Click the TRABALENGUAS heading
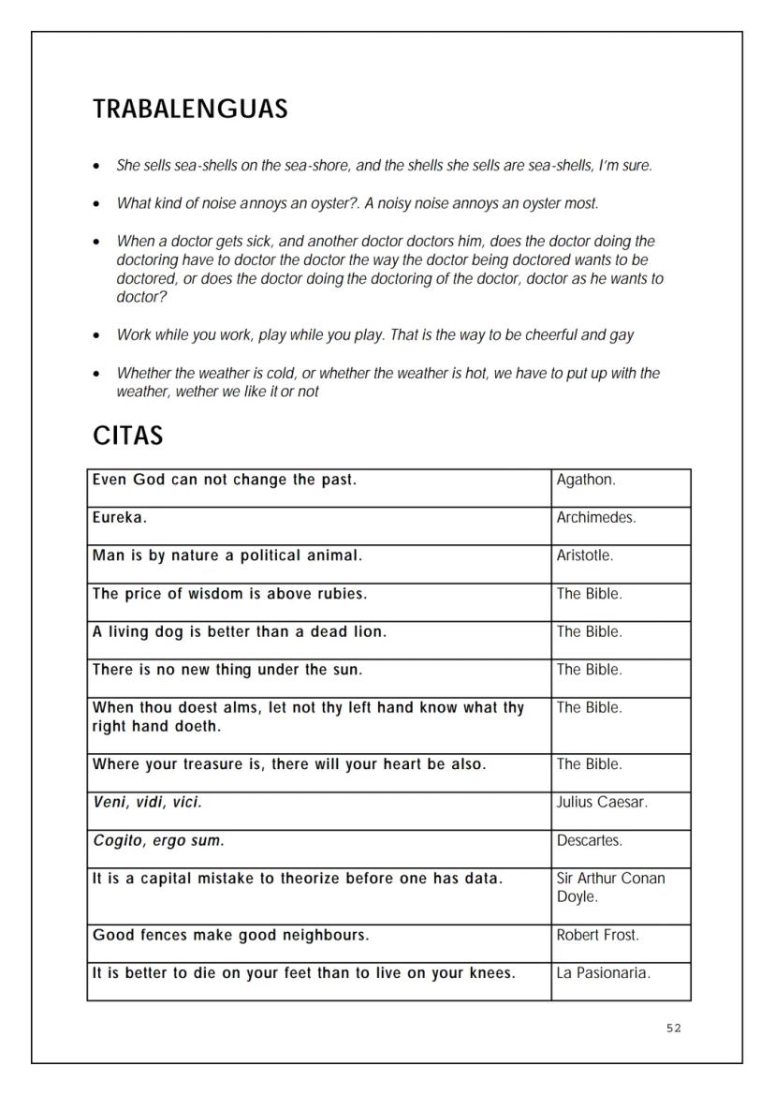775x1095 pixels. (190, 110)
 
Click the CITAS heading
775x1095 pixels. (128, 436)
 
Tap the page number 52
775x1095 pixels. (674, 1028)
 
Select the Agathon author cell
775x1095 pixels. (586, 481)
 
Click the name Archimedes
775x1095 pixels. (596, 518)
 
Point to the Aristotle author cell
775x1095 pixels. (585, 555)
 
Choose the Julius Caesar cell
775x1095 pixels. (602, 803)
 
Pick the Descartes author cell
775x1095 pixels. (589, 841)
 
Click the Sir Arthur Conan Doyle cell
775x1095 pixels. (610, 887)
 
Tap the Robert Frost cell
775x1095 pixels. (596, 935)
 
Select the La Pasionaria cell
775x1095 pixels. (603, 973)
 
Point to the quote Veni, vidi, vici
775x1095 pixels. (147, 803)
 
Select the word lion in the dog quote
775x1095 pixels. (368, 632)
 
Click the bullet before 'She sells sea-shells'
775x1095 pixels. (97, 167)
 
